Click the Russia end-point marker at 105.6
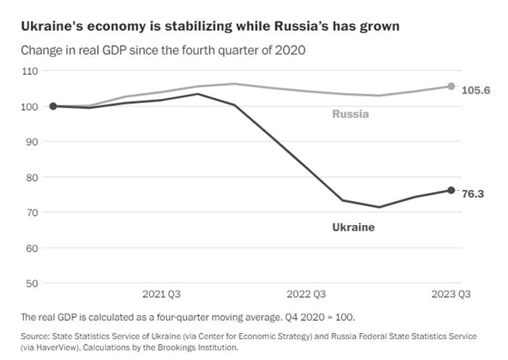451,86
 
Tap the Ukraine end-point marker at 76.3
451,190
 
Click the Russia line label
351,114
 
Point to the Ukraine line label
353,227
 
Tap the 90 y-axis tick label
31,142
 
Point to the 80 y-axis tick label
31,177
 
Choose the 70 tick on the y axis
31,213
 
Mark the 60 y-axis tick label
31,248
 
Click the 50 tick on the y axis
31,283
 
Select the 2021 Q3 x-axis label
161,295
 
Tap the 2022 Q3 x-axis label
306,295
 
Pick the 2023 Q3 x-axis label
451,295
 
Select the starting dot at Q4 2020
53,106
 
